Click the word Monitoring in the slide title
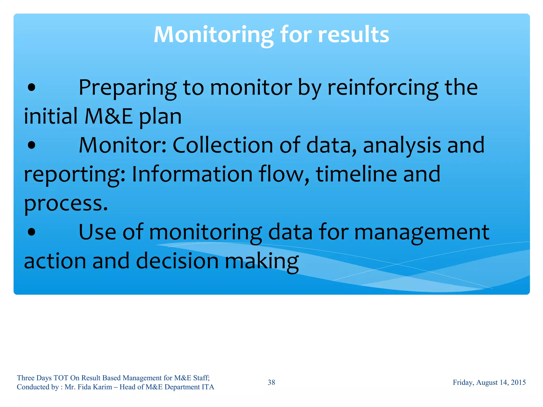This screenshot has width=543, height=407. tap(213, 35)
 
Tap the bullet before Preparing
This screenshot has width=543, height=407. tap(32, 88)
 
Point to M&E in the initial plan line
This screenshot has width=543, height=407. tap(109, 117)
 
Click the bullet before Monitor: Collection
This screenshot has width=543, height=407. tap(32, 145)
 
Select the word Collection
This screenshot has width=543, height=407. tap(223, 145)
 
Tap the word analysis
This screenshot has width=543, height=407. tap(402, 145)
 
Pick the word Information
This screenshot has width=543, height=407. tap(192, 174)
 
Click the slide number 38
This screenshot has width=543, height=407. tap(271, 382)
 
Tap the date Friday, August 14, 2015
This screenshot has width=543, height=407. tap(489, 382)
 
